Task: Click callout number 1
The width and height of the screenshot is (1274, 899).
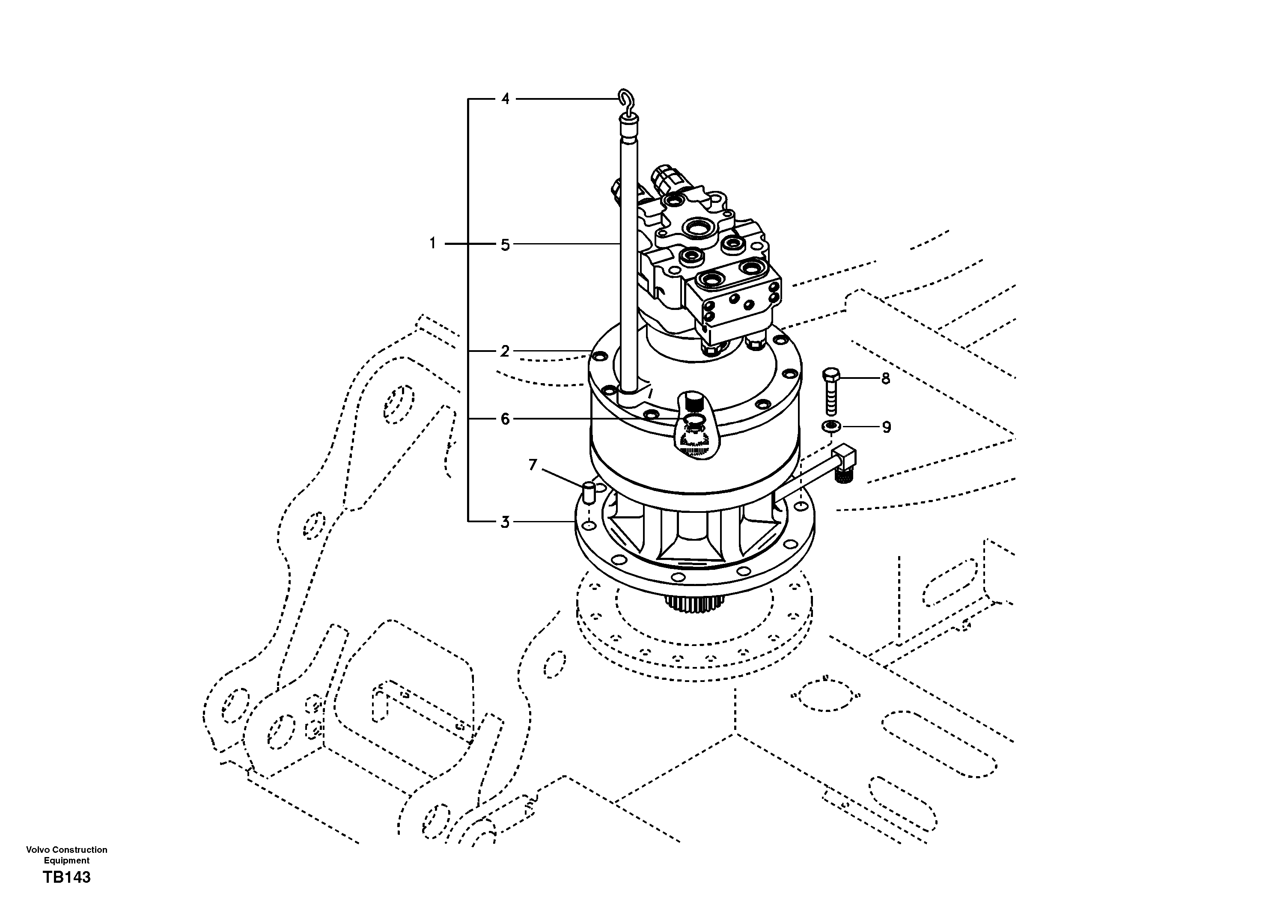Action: (433, 243)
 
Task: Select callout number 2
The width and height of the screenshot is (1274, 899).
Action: (504, 351)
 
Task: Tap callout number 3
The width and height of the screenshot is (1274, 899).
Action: (504, 522)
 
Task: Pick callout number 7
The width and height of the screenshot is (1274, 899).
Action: (533, 464)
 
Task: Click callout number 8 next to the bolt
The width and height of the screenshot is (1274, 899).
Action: (886, 378)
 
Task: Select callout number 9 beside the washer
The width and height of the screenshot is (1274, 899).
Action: (886, 427)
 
